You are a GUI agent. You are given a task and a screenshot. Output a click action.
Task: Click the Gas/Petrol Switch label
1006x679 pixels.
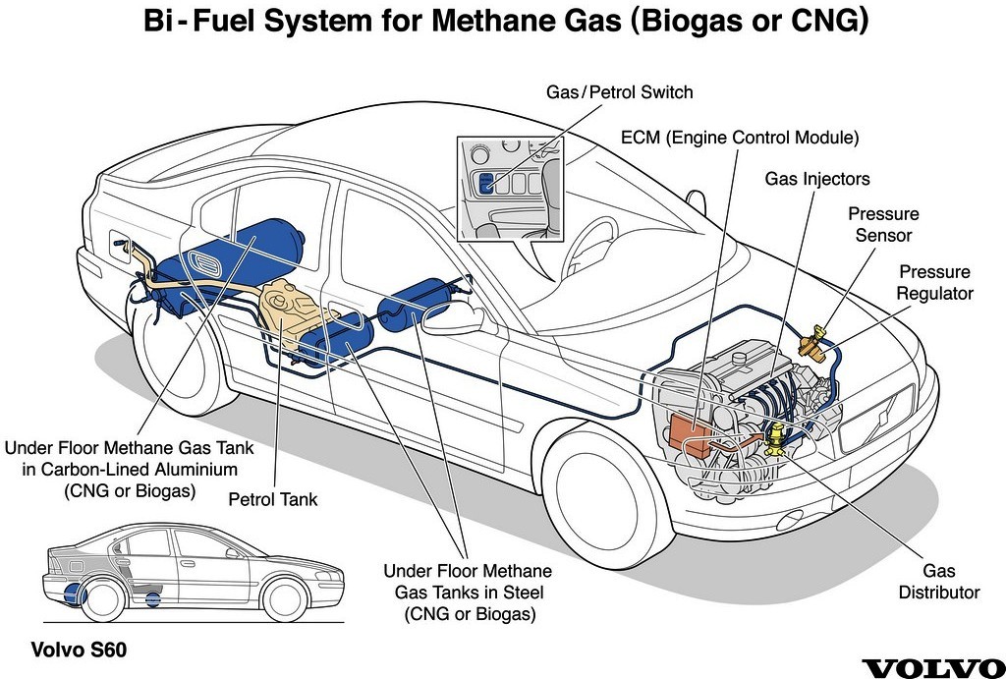click(619, 91)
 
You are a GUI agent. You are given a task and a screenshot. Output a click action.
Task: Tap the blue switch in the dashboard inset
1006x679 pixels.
click(486, 184)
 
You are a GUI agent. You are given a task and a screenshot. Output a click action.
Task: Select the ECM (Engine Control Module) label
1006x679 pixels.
click(740, 138)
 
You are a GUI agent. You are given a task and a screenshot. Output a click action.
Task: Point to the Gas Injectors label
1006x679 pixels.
click(816, 179)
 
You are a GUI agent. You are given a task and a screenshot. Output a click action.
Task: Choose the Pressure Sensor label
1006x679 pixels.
click(883, 224)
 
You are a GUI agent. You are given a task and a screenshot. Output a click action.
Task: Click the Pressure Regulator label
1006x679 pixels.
click(935, 282)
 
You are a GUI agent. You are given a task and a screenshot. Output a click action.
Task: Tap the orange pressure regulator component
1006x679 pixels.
click(813, 343)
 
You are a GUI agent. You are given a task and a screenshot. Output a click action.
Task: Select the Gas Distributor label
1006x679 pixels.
click(938, 581)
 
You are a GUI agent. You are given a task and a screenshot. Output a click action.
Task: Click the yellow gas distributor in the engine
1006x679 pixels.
click(775, 439)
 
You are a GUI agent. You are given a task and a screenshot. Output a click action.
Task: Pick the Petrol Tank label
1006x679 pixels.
click(273, 498)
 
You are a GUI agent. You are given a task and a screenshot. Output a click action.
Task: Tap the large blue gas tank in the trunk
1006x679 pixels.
click(225, 263)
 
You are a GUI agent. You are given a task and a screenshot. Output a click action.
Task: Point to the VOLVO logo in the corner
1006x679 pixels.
click(933, 668)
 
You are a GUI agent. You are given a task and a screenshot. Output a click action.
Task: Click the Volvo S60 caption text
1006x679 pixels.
click(79, 650)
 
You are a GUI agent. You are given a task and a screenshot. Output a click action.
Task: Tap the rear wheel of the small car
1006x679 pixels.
click(102, 599)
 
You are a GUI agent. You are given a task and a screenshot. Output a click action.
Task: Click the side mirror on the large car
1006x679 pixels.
click(451, 319)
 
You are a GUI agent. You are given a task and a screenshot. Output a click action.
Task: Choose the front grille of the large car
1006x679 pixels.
click(876, 418)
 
